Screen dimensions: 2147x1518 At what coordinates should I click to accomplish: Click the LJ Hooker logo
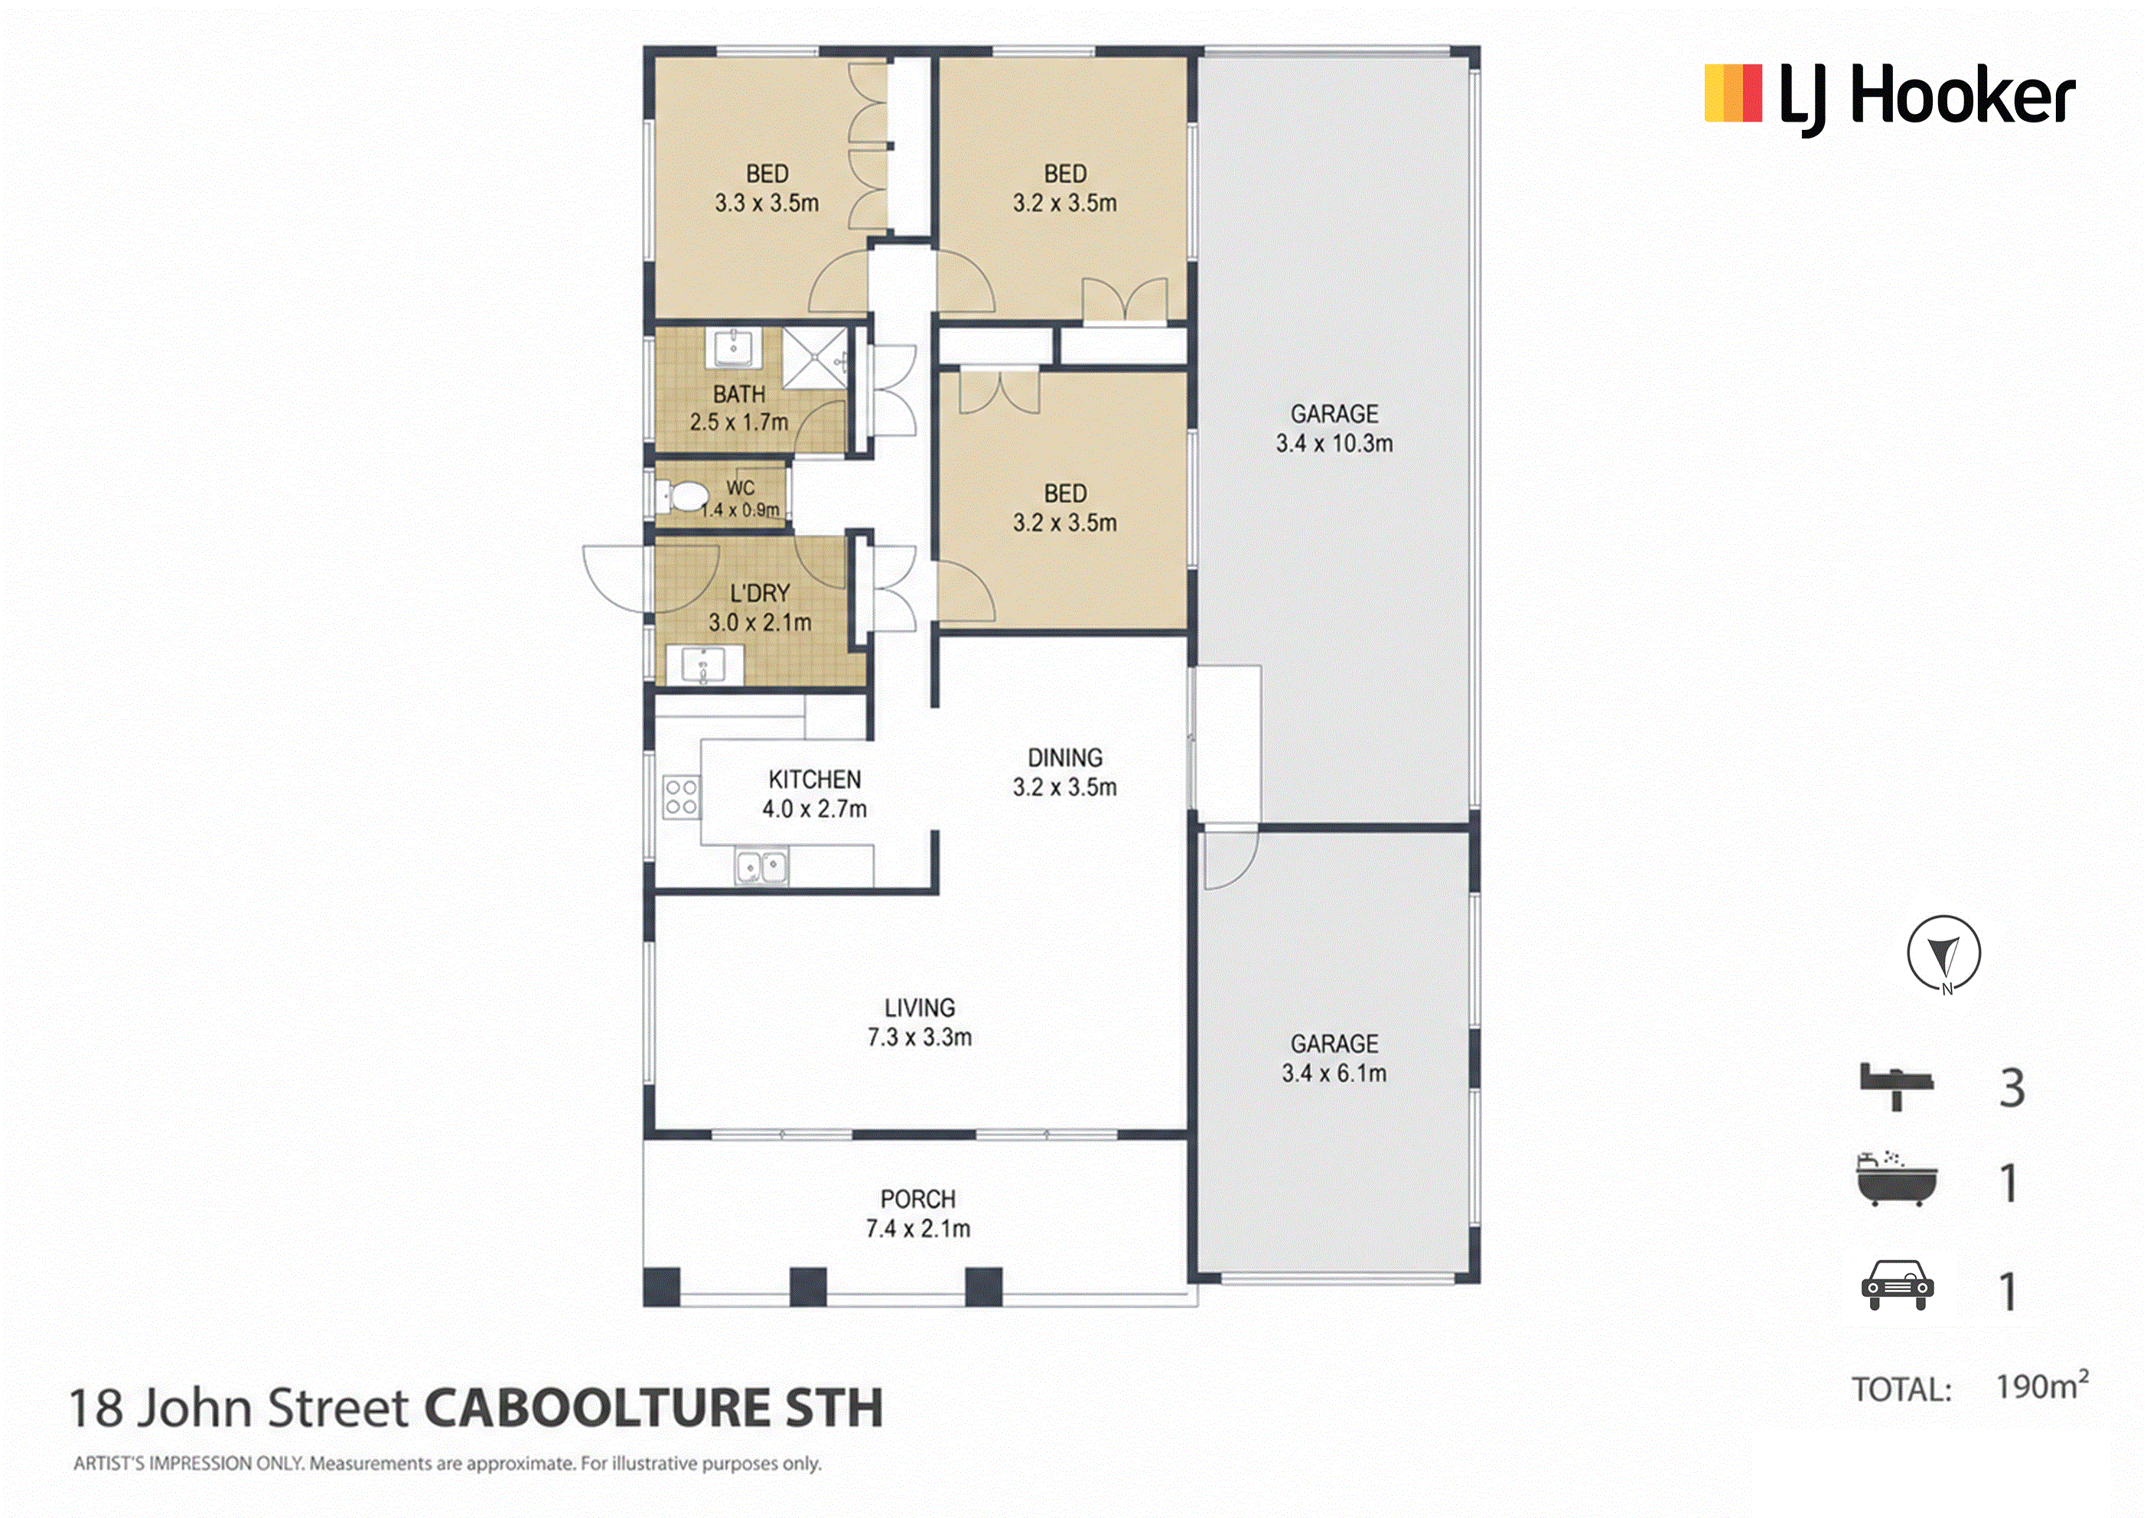click(1889, 97)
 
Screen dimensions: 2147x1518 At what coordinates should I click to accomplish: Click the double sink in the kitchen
click(761, 866)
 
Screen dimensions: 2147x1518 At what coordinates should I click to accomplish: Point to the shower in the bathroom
click(814, 357)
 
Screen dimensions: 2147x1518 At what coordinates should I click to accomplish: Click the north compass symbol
click(1944, 954)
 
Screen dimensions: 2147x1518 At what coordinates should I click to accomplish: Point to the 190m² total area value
click(2042, 1386)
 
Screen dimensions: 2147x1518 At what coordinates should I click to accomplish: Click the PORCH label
click(918, 1199)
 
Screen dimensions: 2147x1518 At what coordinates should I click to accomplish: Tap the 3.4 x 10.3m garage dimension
click(1334, 443)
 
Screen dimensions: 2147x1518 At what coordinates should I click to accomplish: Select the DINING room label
click(1065, 757)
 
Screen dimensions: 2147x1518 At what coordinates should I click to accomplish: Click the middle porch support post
click(808, 1286)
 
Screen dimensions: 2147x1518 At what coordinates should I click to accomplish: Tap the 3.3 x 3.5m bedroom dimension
click(767, 203)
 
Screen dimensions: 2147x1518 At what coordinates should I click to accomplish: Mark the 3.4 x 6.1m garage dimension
click(1334, 1073)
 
